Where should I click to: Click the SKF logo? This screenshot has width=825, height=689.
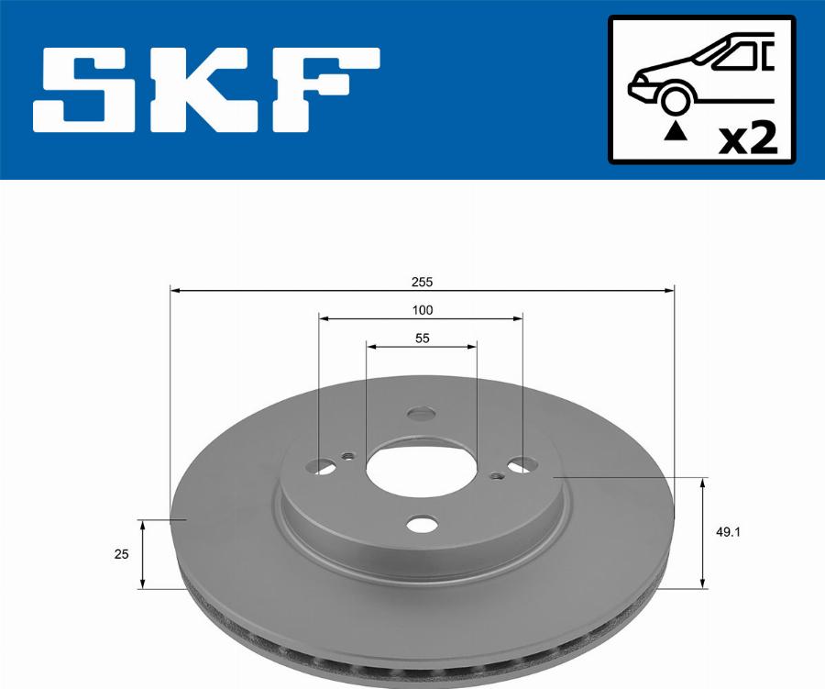click(x=206, y=90)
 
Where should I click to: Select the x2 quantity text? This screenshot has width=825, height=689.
click(x=748, y=139)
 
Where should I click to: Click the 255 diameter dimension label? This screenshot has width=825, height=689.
click(x=422, y=282)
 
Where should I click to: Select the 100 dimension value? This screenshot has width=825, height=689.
click(x=422, y=310)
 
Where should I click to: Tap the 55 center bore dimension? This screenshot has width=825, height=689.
click(x=422, y=338)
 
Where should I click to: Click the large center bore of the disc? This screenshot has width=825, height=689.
click(x=422, y=469)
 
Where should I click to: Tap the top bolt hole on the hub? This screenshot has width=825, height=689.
click(x=422, y=414)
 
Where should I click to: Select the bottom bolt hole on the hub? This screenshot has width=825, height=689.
click(x=422, y=524)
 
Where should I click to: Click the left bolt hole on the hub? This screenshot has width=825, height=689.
click(x=323, y=467)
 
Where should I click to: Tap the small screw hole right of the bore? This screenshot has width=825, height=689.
click(x=496, y=475)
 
